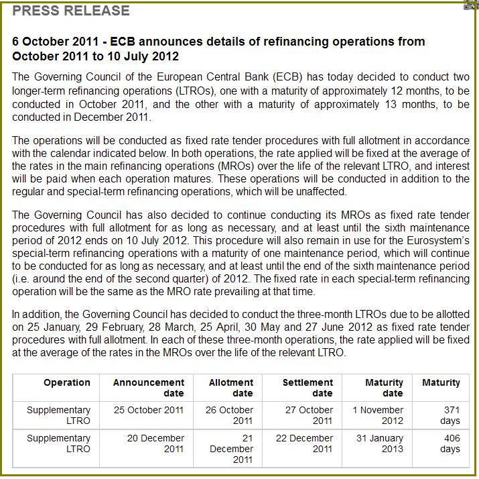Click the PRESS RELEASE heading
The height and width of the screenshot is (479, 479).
click(x=71, y=11)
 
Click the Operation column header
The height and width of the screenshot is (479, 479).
click(x=67, y=382)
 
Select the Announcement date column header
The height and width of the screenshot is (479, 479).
click(x=149, y=388)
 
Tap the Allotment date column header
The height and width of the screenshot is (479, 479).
click(x=231, y=388)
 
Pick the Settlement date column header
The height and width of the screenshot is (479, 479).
click(x=307, y=388)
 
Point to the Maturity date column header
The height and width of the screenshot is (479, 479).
click(x=384, y=388)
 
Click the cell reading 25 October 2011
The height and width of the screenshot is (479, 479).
click(x=149, y=410)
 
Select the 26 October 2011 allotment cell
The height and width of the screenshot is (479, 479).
click(x=231, y=415)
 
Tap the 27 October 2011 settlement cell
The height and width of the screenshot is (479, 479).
click(x=307, y=415)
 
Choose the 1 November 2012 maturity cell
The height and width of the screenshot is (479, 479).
click(x=379, y=415)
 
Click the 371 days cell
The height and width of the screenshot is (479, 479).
click(x=451, y=415)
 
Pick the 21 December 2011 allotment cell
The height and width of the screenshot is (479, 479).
click(x=231, y=449)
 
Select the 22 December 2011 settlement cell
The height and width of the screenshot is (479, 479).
click(x=305, y=443)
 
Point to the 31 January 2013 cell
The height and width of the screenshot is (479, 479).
click(x=379, y=443)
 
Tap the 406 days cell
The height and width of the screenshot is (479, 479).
click(x=451, y=443)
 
